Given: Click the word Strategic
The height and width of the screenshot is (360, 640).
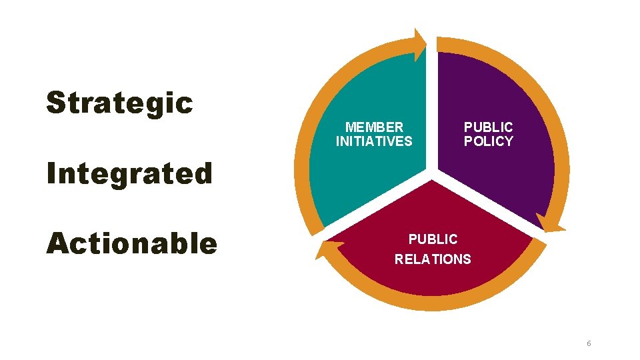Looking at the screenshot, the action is click(119, 104).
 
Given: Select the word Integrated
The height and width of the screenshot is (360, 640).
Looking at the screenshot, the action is click(129, 174).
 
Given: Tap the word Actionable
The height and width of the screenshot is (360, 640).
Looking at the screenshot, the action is click(131, 244).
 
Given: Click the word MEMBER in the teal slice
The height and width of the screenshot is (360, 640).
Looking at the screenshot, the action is click(374, 127).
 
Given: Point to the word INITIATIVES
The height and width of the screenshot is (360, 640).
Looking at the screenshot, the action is click(374, 141).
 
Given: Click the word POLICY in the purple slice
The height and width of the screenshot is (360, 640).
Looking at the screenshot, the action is click(489, 141).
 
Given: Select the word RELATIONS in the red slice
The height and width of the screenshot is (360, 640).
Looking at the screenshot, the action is click(433, 259).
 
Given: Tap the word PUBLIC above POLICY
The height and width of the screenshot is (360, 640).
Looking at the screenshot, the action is click(489, 127).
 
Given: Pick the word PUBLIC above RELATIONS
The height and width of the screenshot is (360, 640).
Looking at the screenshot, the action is click(433, 239).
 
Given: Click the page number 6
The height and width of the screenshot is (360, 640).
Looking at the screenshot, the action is click(589, 343).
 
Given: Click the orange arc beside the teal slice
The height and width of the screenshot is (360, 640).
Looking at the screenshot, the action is click(308, 133).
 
